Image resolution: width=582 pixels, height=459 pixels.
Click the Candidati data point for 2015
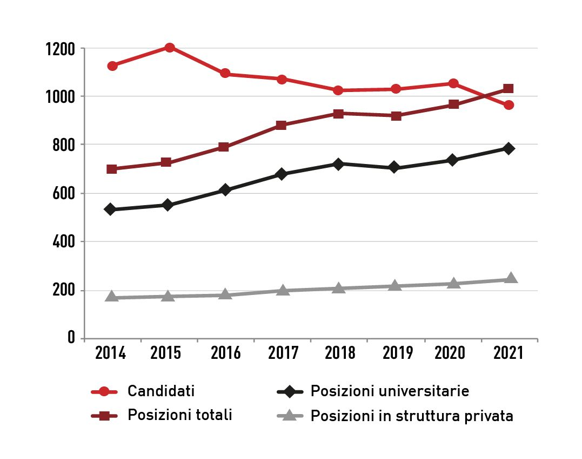click(x=169, y=48)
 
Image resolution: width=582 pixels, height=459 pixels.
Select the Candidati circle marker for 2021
click(x=509, y=105)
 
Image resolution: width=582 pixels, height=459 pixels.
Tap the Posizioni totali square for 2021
click(x=509, y=88)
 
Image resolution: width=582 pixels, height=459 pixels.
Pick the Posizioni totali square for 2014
click(x=112, y=169)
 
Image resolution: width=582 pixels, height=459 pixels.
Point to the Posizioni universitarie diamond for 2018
click(x=338, y=164)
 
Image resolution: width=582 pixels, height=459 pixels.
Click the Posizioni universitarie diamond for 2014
click(x=110, y=209)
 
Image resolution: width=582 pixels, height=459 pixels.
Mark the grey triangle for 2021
click(x=511, y=279)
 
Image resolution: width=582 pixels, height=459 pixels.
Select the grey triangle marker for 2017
click(x=282, y=291)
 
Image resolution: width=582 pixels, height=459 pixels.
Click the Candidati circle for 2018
click(x=338, y=90)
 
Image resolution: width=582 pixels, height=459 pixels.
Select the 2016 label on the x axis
click(x=226, y=353)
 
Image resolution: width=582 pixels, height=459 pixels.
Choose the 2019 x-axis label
click(x=398, y=353)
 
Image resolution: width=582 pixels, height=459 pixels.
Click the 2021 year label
click(x=509, y=353)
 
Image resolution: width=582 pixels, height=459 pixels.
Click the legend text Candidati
click(x=161, y=391)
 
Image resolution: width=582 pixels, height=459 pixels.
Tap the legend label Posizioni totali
click(x=180, y=415)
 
